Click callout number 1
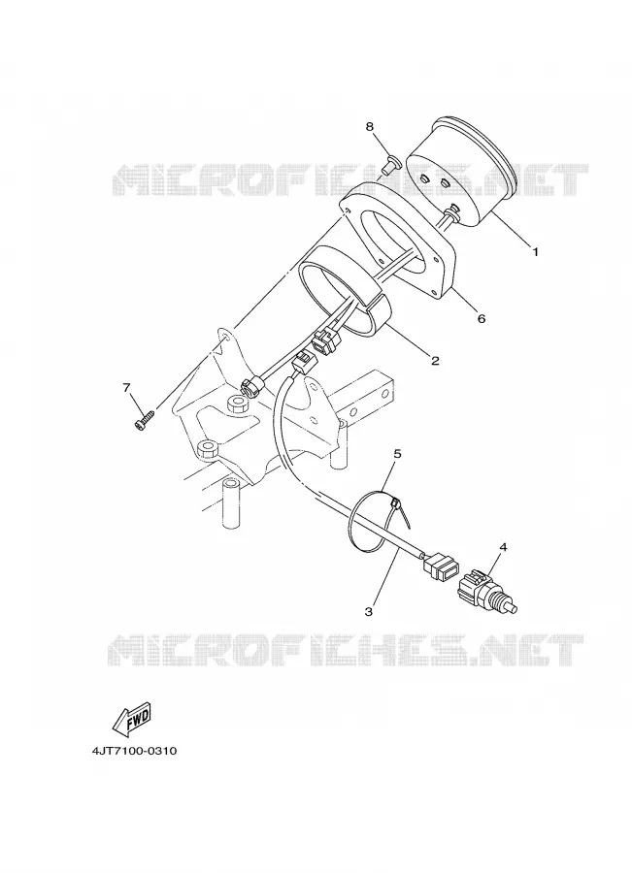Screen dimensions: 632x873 (536, 251)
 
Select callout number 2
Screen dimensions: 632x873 (435, 360)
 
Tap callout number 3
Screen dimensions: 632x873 (368, 612)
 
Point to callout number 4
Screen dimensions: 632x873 (503, 547)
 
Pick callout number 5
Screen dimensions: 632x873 (397, 454)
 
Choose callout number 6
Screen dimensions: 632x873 (482, 318)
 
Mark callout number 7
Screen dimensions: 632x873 (126, 387)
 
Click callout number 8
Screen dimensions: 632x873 (370, 126)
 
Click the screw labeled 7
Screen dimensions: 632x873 (145, 419)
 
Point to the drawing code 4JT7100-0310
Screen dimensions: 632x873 (134, 751)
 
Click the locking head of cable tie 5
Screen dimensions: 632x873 (396, 502)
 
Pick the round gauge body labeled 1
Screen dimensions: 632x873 (460, 172)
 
